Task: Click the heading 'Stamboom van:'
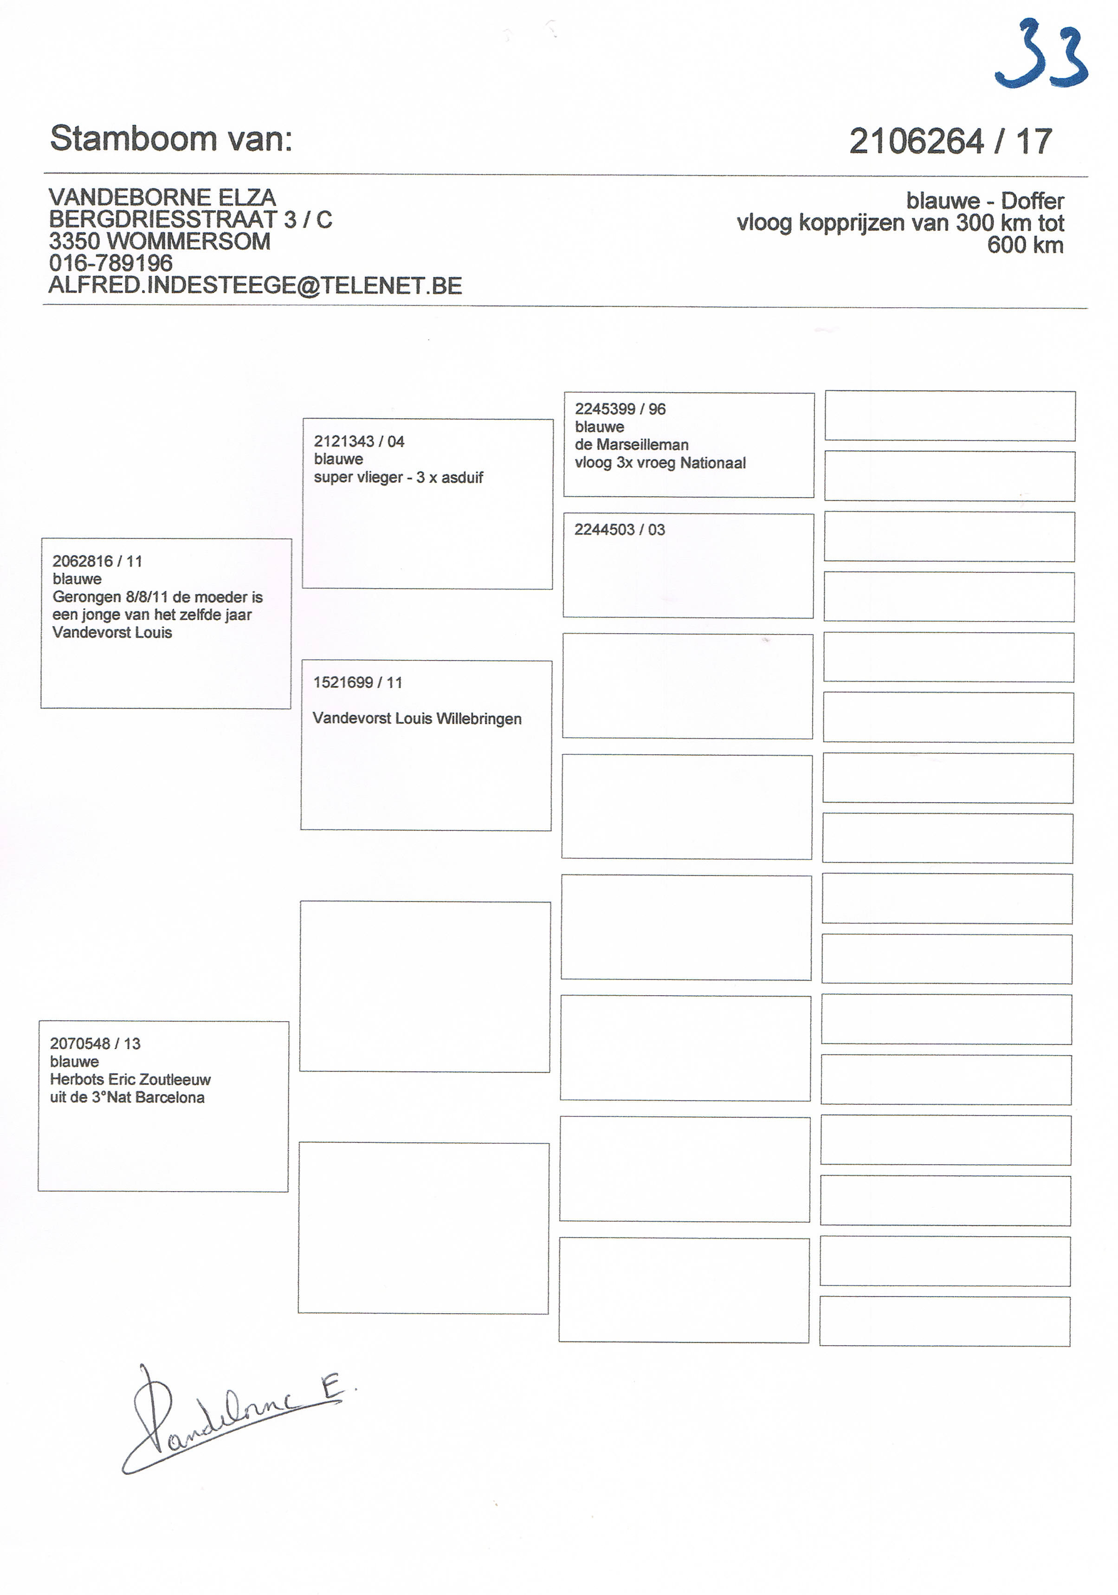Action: (x=171, y=138)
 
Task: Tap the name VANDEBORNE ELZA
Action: (x=162, y=197)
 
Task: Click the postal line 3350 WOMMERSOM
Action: (x=159, y=242)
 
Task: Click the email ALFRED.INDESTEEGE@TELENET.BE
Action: (x=255, y=285)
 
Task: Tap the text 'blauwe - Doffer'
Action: (x=984, y=201)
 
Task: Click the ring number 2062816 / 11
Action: (x=97, y=561)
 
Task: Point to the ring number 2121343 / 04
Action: (x=359, y=442)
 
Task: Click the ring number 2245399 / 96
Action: (x=620, y=409)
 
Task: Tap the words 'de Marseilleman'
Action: (x=631, y=445)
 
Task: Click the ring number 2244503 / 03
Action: (x=620, y=530)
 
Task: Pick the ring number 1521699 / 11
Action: (x=358, y=683)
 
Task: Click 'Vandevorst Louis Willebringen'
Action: (x=417, y=719)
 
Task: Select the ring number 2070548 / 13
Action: (x=95, y=1044)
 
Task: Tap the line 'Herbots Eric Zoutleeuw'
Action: (x=130, y=1080)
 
